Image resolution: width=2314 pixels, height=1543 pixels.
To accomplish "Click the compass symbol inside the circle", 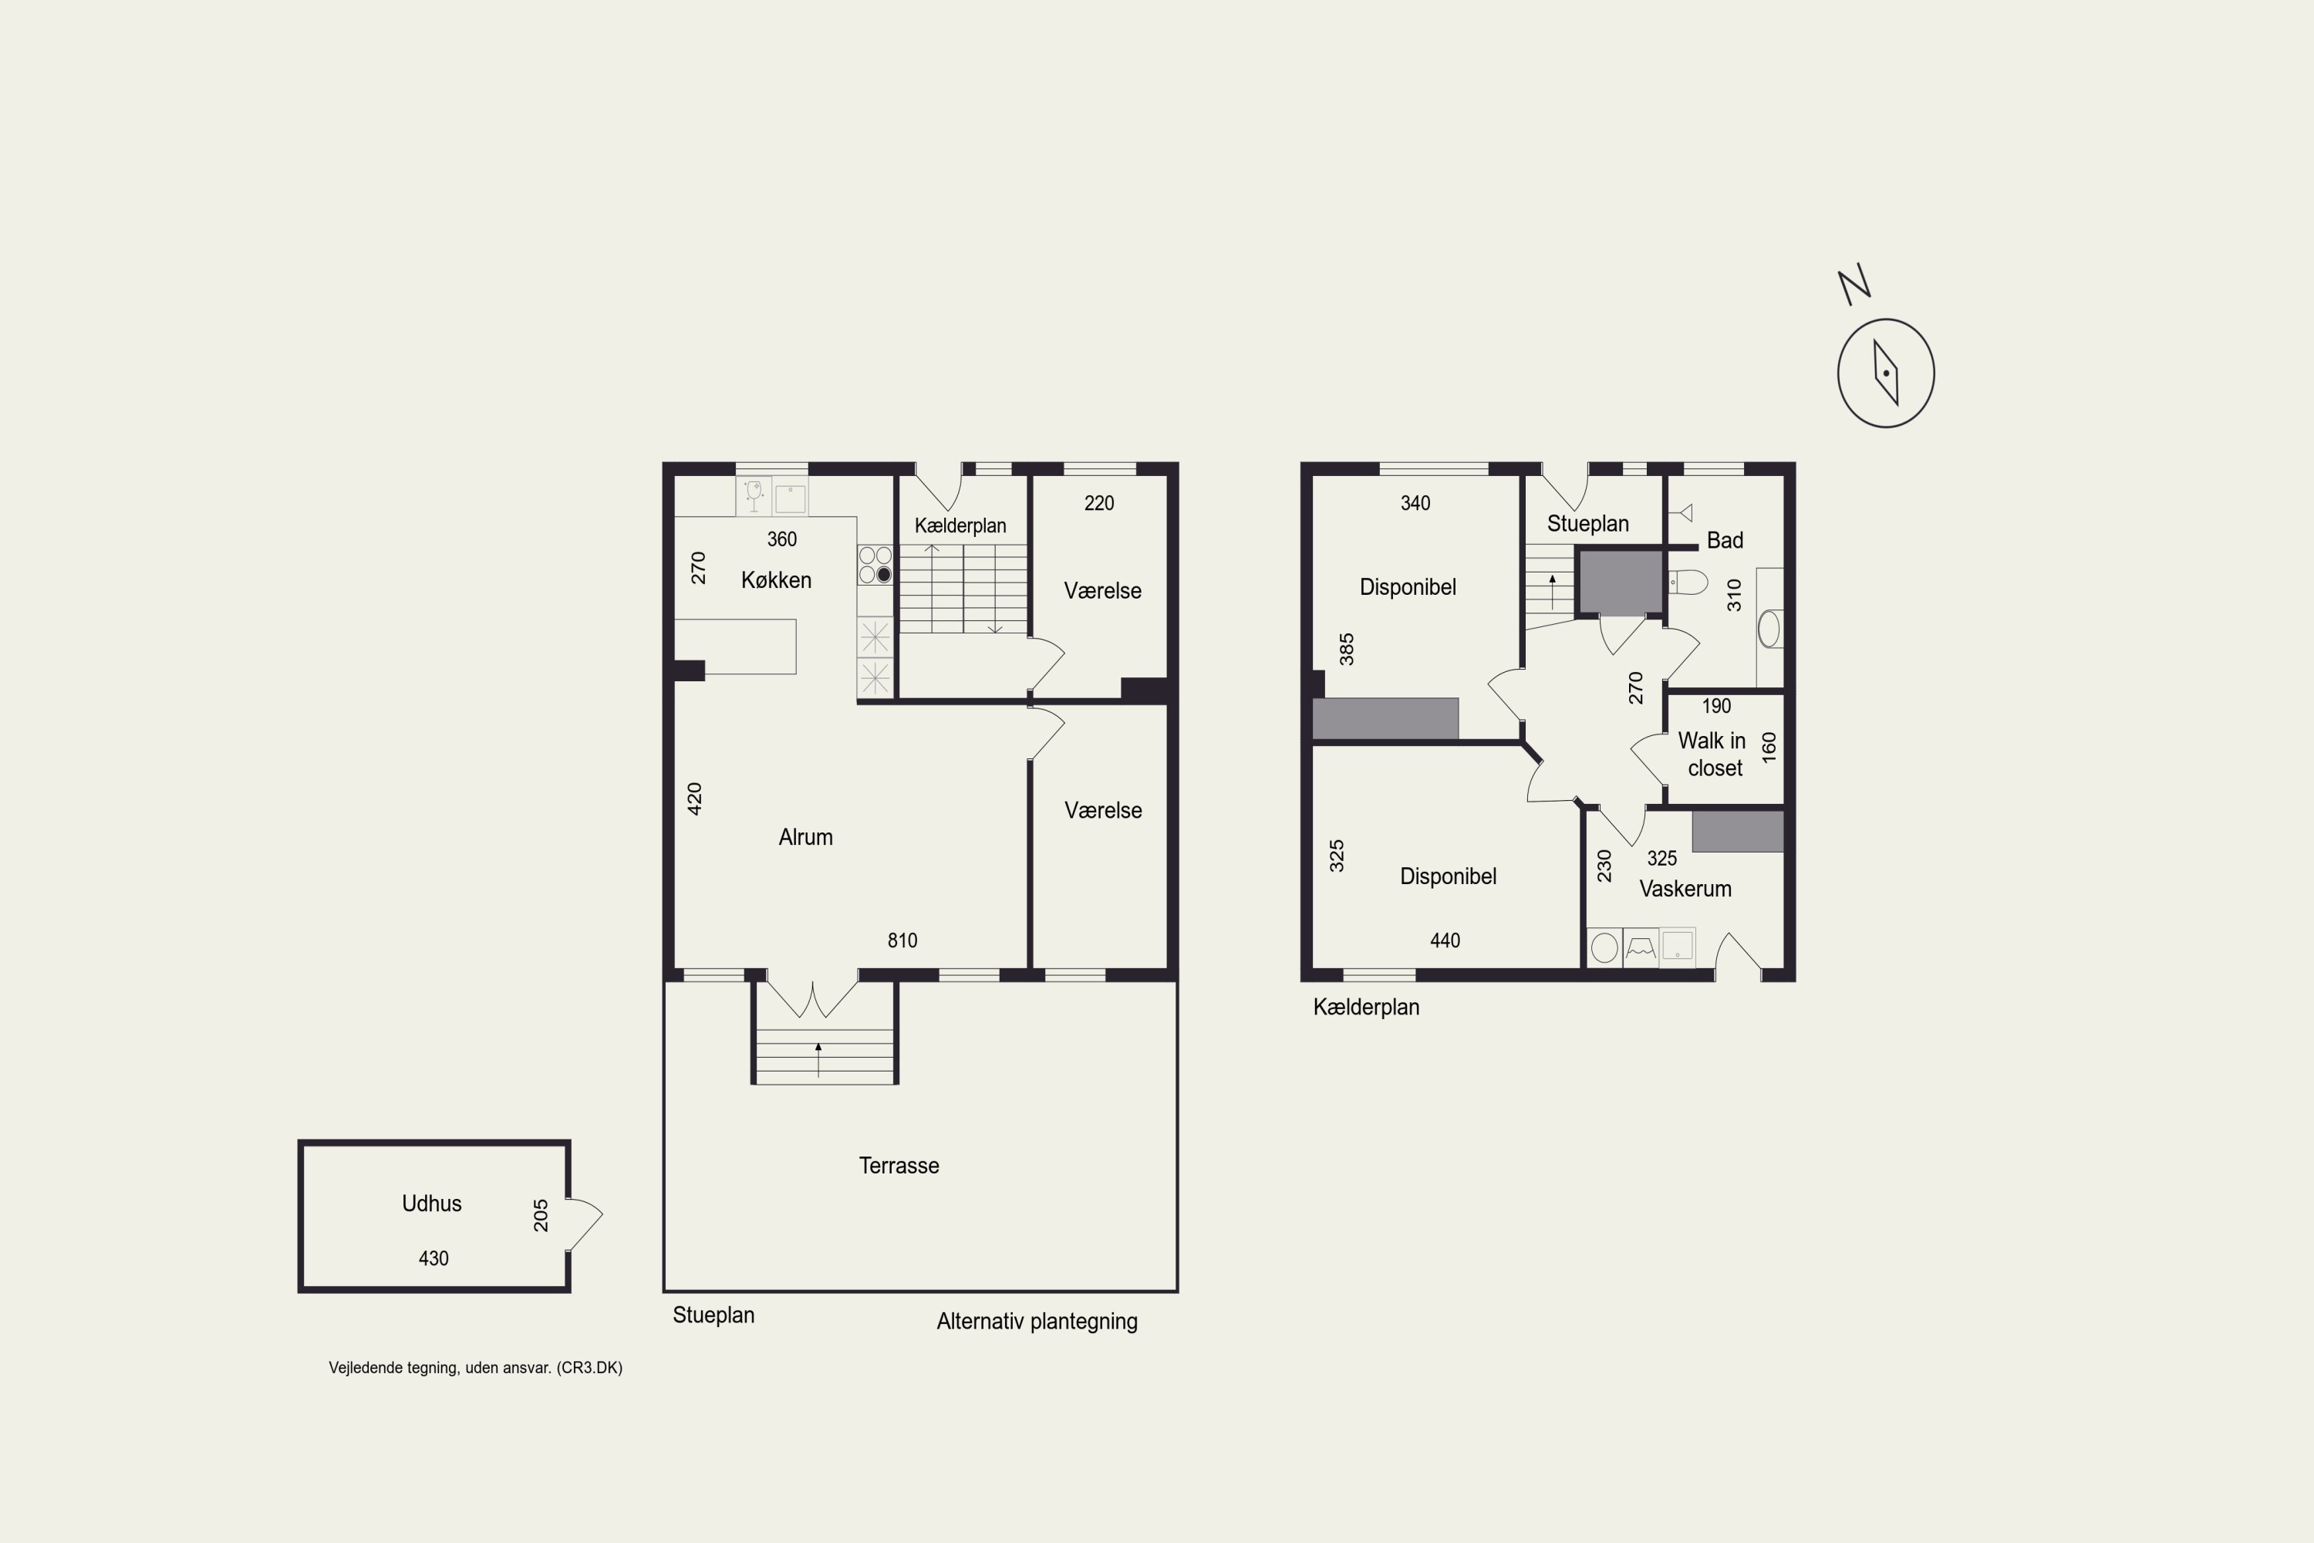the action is (1885, 373).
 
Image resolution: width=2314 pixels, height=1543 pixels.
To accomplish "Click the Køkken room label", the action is (776, 579).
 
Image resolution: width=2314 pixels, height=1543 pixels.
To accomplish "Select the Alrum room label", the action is (806, 836).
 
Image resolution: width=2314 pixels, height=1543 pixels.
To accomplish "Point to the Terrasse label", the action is (899, 1165).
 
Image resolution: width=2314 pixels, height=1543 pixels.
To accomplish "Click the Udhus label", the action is (432, 1204).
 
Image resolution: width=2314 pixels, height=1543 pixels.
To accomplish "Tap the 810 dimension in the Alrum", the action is (902, 940).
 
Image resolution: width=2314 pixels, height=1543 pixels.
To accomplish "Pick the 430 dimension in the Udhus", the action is (433, 1258).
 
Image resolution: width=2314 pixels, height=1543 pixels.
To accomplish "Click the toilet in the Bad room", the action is (1688, 582).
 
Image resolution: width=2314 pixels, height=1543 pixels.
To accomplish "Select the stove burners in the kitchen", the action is (875, 565).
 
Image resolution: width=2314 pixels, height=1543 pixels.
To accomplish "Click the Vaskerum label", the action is (1685, 889).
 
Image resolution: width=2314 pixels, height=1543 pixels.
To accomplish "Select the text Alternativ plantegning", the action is (1037, 1322).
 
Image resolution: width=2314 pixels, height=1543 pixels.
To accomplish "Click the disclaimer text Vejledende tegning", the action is (393, 1368).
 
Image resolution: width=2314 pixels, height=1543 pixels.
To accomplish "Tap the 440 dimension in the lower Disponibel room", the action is (1445, 940).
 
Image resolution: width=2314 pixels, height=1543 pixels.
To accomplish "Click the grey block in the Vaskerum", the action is (1738, 832).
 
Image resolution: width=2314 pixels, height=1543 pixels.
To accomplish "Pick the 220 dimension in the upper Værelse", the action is (1099, 504).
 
